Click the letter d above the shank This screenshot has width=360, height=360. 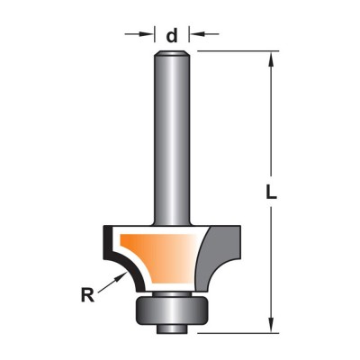[172, 36]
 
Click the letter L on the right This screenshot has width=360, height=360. [271, 192]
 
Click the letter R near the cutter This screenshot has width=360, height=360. [87, 295]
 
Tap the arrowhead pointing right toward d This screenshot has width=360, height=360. [147, 34]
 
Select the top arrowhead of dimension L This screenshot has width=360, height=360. [271, 59]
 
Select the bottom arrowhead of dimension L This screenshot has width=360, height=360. [271, 325]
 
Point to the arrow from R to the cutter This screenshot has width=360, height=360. [112, 282]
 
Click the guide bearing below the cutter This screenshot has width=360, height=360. [172, 311]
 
